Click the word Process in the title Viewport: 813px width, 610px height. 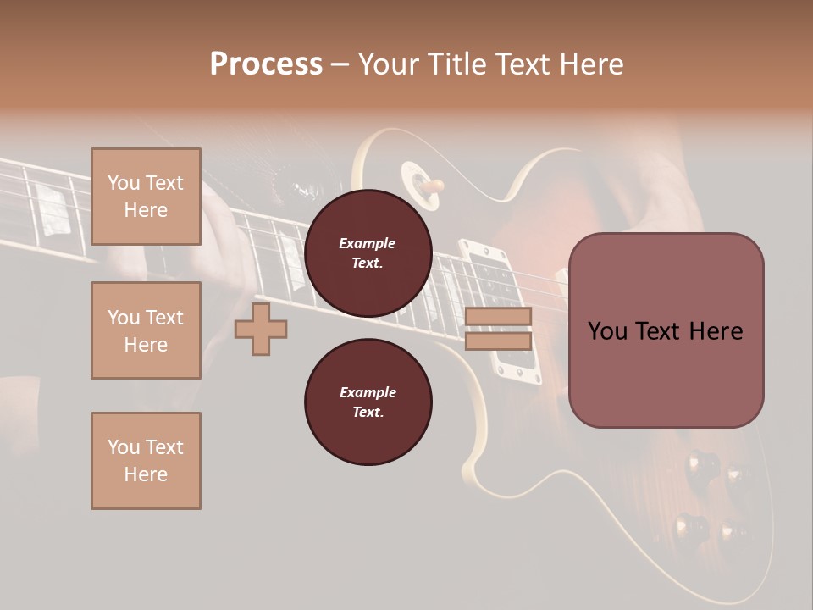click(x=266, y=64)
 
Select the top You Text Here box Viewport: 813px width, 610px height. click(x=146, y=197)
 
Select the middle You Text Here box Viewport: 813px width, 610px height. click(x=146, y=330)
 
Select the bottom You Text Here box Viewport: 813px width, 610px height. click(x=146, y=460)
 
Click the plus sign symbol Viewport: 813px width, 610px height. click(x=261, y=330)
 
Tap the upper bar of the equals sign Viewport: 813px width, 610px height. click(x=499, y=317)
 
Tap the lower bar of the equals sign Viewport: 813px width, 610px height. click(x=499, y=341)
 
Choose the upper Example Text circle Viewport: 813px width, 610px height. click(x=368, y=253)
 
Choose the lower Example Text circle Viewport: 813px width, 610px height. click(x=368, y=402)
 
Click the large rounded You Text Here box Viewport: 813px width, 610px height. click(x=666, y=330)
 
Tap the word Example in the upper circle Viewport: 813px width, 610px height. click(x=368, y=243)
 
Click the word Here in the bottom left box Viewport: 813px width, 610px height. click(x=146, y=474)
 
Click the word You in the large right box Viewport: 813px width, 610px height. click(x=606, y=331)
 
